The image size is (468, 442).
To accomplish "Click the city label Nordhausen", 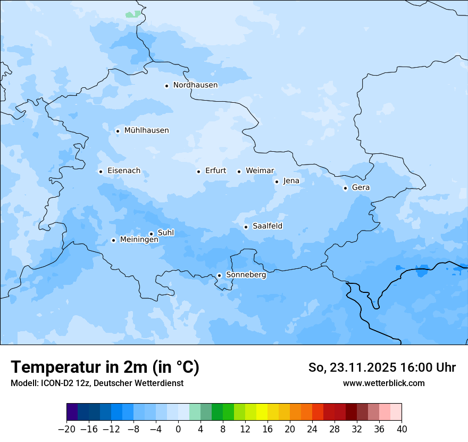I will pyautogui.click(x=195, y=85).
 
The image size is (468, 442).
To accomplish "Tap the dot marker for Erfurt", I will pyautogui.click(x=198, y=171).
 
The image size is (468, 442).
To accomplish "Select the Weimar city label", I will pyautogui.click(x=260, y=171).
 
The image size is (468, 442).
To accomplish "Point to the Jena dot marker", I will pyautogui.click(x=277, y=182).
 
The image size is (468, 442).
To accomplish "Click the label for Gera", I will pyautogui.click(x=361, y=187).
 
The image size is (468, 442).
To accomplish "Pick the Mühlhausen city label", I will pyautogui.click(x=146, y=130).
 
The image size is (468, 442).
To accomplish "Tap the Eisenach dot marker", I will pyautogui.click(x=101, y=171).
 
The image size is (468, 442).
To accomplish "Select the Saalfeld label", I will pyautogui.click(x=267, y=226).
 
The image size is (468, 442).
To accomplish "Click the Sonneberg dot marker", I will pyautogui.click(x=219, y=275).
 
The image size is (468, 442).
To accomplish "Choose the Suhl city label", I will pyautogui.click(x=165, y=233).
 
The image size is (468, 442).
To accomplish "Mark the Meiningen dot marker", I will pyautogui.click(x=113, y=240).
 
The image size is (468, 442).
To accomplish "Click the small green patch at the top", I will pyautogui.click(x=133, y=14).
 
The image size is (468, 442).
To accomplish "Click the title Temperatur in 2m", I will pyautogui.click(x=105, y=367).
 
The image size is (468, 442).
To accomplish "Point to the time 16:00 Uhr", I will pyautogui.click(x=429, y=367).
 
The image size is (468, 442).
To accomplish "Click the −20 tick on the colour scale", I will pyautogui.click(x=66, y=429).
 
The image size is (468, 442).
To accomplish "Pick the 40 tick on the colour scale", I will pyautogui.click(x=402, y=429).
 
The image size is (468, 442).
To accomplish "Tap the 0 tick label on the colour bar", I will pyautogui.click(x=178, y=429).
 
